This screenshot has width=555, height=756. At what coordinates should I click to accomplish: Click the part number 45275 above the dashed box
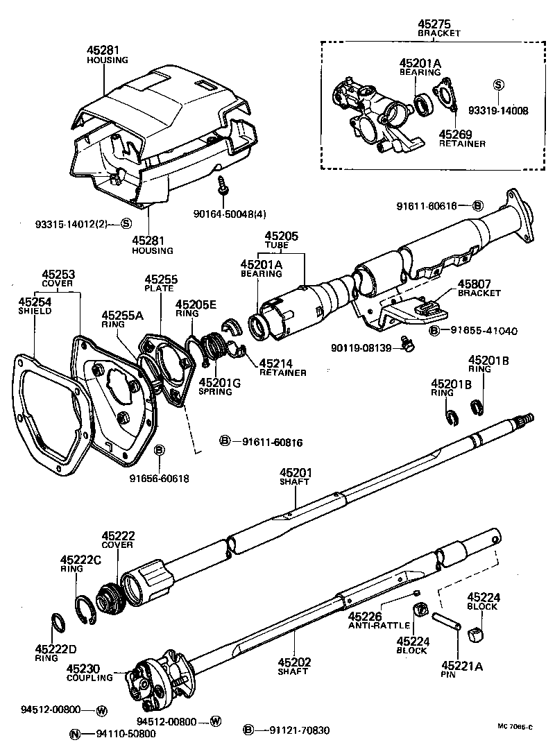tap(439, 23)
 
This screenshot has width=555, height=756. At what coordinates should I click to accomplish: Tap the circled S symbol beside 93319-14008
tap(497, 85)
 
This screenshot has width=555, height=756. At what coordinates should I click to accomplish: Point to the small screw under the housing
tap(223, 185)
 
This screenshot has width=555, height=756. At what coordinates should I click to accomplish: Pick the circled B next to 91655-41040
tap(435, 331)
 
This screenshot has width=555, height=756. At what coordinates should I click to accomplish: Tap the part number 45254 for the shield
tap(34, 302)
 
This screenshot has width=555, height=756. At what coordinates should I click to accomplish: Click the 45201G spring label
tap(220, 381)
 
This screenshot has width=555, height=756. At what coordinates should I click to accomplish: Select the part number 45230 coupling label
tap(84, 669)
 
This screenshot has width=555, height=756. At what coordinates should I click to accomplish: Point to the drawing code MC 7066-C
tap(515, 726)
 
